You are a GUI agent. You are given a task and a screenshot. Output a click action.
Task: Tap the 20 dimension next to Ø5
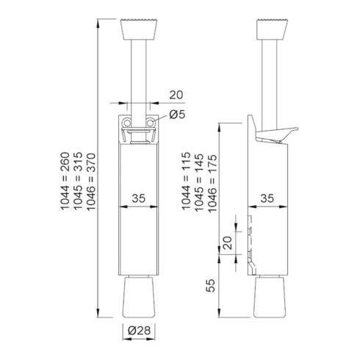coord(176,94)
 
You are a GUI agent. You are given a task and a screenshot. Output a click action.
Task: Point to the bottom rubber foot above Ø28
coord(140,298)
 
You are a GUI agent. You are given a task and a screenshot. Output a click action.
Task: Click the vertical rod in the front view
coord(140,73)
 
